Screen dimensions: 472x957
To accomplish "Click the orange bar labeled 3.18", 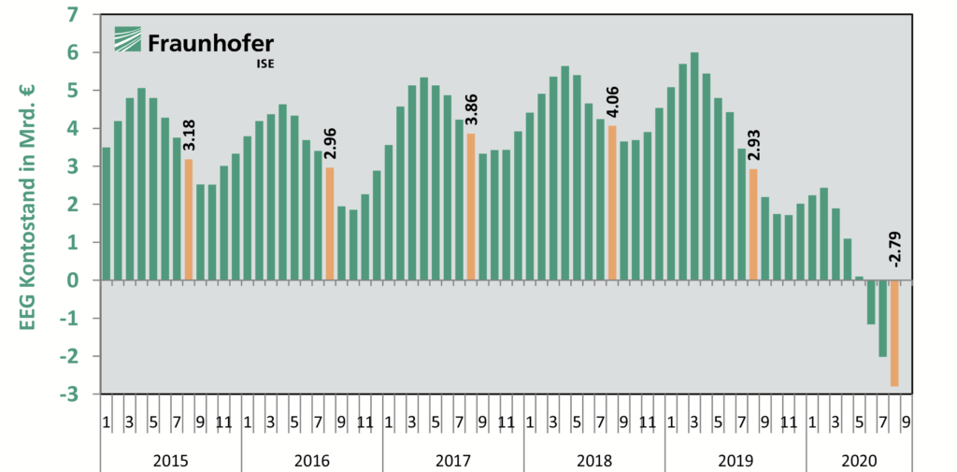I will (x=188, y=220).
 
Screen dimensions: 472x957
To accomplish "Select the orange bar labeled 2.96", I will (x=329, y=223).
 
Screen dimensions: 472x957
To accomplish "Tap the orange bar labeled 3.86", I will (x=471, y=207).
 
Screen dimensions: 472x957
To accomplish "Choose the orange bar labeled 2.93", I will (x=753, y=224).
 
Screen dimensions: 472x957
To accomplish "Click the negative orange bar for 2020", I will (x=894, y=333).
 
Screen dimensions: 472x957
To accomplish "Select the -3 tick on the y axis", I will (x=69, y=394).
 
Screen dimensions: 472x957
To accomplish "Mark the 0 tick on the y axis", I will (x=73, y=280).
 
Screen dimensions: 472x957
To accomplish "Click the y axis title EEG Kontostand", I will (x=27, y=206).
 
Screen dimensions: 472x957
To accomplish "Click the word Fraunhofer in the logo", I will (x=210, y=42).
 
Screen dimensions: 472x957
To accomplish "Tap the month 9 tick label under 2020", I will (x=906, y=422).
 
